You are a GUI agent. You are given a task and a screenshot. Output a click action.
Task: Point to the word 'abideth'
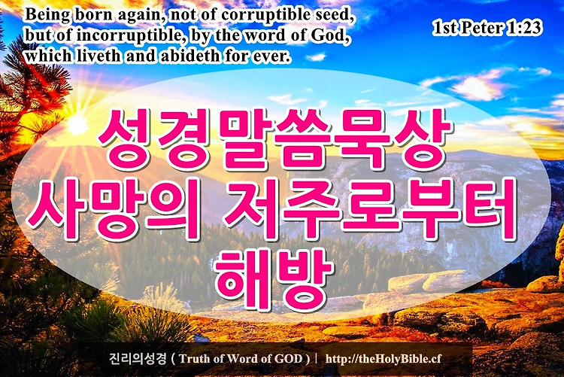[189, 56]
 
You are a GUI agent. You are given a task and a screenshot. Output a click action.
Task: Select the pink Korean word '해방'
[274, 279]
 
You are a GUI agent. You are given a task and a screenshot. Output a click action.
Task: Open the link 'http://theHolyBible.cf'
[383, 359]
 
